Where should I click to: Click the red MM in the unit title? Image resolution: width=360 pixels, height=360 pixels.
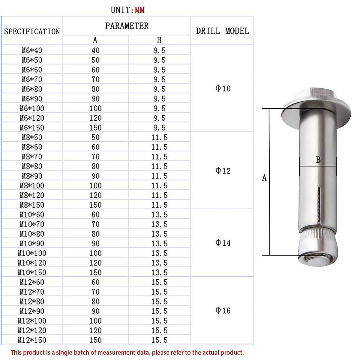pos(139,10)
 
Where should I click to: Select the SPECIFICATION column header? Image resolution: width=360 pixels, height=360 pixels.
pos(32,31)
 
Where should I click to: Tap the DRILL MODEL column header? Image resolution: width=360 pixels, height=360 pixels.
pos(222,31)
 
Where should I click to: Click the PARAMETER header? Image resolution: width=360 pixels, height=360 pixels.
pos(127,26)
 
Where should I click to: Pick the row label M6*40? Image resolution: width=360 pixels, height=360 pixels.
pos(32,50)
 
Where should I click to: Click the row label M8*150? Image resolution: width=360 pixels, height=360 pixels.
pos(32,205)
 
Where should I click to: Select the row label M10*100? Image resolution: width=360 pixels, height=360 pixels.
pos(32,253)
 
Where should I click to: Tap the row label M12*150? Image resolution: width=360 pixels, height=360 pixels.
pos(32,340)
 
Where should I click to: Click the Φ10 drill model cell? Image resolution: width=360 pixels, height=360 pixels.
pos(223,88)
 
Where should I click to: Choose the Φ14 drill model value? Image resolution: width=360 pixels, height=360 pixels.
pos(223,243)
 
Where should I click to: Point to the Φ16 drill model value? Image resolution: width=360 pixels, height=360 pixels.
pos(223,310)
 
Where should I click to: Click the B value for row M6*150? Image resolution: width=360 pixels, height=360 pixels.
pos(159,128)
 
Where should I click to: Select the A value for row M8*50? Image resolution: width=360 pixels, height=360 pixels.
pos(95,137)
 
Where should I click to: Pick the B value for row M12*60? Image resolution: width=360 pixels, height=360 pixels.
pos(159,282)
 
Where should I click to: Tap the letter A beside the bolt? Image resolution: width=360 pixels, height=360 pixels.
pos(264,178)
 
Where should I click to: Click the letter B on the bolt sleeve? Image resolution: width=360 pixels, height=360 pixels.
pos(318,160)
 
